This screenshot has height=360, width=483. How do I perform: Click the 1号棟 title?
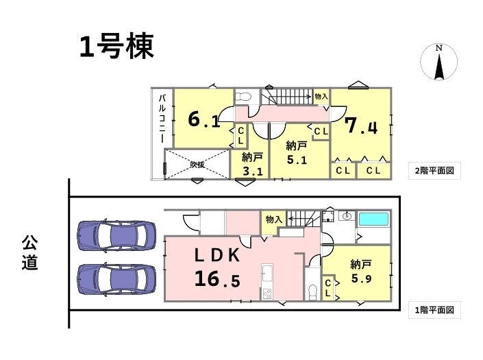click(x=116, y=47)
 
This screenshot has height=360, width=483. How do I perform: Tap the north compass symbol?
click(x=439, y=62)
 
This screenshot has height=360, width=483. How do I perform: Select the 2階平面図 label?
click(x=434, y=171)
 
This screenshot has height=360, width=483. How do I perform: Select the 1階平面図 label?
click(x=434, y=310)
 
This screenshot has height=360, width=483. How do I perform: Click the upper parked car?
click(x=116, y=235)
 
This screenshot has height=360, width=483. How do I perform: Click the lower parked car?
click(x=116, y=279)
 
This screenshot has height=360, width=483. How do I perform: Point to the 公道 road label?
click(x=30, y=252)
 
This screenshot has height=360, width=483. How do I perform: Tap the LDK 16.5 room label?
click(x=217, y=267)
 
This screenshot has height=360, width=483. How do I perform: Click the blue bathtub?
click(x=373, y=219)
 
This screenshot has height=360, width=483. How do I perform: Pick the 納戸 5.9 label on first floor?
click(x=361, y=272)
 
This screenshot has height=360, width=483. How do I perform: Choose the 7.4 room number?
click(x=361, y=125)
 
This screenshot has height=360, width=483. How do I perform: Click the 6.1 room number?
click(x=204, y=119)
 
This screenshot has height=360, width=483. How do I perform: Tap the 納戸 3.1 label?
click(x=252, y=165)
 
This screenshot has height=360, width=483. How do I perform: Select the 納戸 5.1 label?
click(x=297, y=153)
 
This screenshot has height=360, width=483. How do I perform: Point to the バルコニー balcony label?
click(x=162, y=119)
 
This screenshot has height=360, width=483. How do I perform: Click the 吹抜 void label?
click(x=197, y=165)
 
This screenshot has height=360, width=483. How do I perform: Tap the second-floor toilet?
click(x=243, y=97)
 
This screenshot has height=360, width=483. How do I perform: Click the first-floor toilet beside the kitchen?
click(x=312, y=291)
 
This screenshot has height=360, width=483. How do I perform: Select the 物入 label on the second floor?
click(x=321, y=97)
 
